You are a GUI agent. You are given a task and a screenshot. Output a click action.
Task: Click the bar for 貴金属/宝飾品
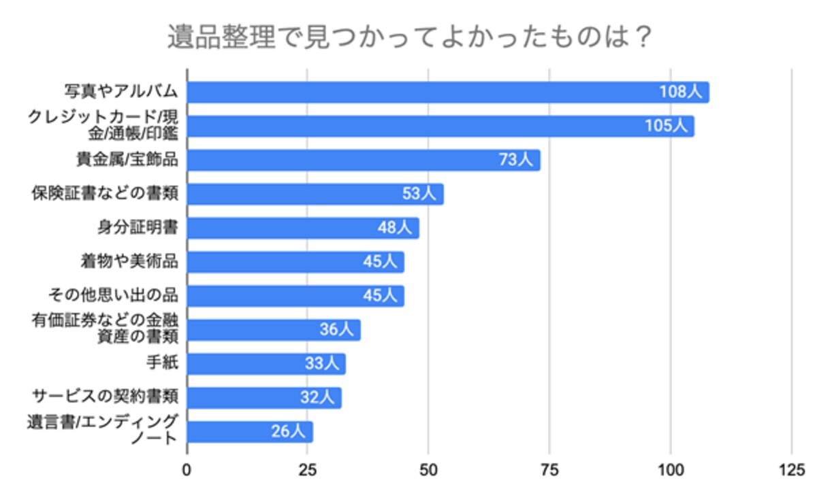coord(340,161)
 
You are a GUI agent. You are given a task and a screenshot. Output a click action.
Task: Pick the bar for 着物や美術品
coord(272,262)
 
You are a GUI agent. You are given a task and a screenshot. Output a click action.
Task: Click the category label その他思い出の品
coord(113,295)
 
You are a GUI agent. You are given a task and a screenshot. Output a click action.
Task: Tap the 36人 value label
coord(336,330)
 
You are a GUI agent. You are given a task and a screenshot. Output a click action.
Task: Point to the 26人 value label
coord(289,432)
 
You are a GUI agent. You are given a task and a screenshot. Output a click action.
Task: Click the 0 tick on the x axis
coord(187,469)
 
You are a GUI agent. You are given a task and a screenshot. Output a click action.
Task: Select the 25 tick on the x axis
coord(308,469)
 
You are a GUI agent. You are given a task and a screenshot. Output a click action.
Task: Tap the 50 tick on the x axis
coord(428,469)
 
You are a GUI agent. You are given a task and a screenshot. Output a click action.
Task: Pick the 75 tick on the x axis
coord(549,469)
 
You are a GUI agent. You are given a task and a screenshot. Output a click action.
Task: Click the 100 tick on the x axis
coord(671,469)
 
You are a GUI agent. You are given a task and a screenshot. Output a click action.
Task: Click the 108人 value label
coord(680,93)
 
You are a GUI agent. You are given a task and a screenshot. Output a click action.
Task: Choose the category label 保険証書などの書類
coord(105,194)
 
